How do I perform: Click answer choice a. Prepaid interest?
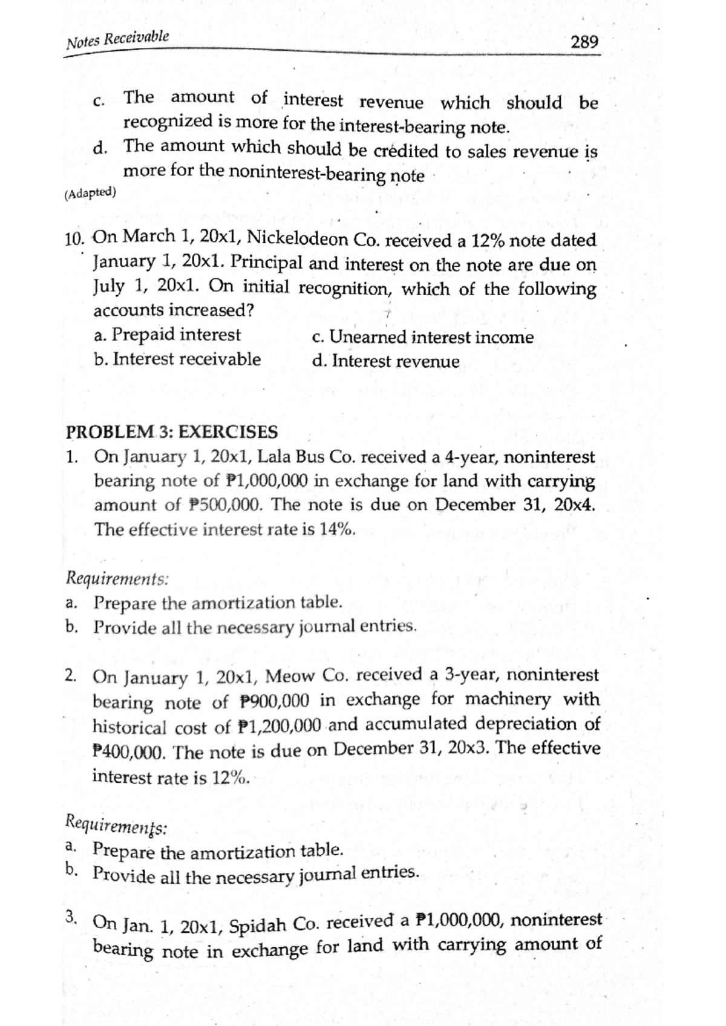coord(168,335)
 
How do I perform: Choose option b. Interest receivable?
coord(177,359)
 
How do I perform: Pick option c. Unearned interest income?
coord(423,337)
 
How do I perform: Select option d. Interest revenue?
coord(386,362)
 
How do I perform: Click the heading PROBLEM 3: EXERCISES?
coord(172,432)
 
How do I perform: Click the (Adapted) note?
coord(89,193)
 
